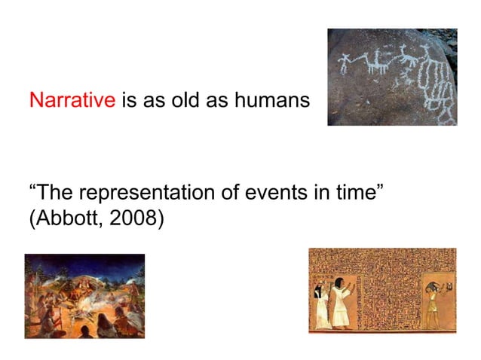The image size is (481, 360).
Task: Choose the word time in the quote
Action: tap(358, 193)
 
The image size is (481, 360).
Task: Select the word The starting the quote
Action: tap(54, 193)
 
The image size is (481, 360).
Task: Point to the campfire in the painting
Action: tap(83, 301)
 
